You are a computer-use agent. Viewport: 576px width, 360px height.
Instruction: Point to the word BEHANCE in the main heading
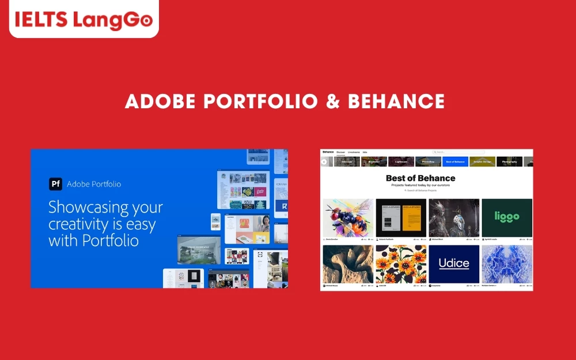coord(396,102)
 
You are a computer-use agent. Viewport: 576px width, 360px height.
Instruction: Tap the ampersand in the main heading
coord(333,102)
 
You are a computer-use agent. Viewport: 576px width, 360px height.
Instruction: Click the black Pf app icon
coord(55,184)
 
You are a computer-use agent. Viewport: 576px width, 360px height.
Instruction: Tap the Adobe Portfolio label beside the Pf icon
coord(94,184)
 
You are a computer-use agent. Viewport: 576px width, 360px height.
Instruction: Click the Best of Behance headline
coord(420,178)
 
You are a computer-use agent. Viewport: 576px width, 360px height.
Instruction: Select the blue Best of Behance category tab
coord(455,162)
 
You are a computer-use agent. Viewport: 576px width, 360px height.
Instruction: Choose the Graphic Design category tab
coord(482,162)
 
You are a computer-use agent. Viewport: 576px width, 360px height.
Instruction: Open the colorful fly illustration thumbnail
coord(348,218)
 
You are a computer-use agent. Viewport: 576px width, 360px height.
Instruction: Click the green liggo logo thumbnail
coord(507,217)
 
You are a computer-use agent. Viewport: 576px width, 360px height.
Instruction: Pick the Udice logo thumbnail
coord(454,264)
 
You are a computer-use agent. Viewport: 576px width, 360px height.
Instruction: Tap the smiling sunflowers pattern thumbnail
coord(401,264)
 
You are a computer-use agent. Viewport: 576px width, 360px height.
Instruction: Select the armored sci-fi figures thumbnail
coord(454,218)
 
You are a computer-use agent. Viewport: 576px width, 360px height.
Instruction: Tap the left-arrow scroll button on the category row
coord(324,162)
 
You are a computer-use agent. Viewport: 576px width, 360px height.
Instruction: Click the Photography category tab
coord(509,162)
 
